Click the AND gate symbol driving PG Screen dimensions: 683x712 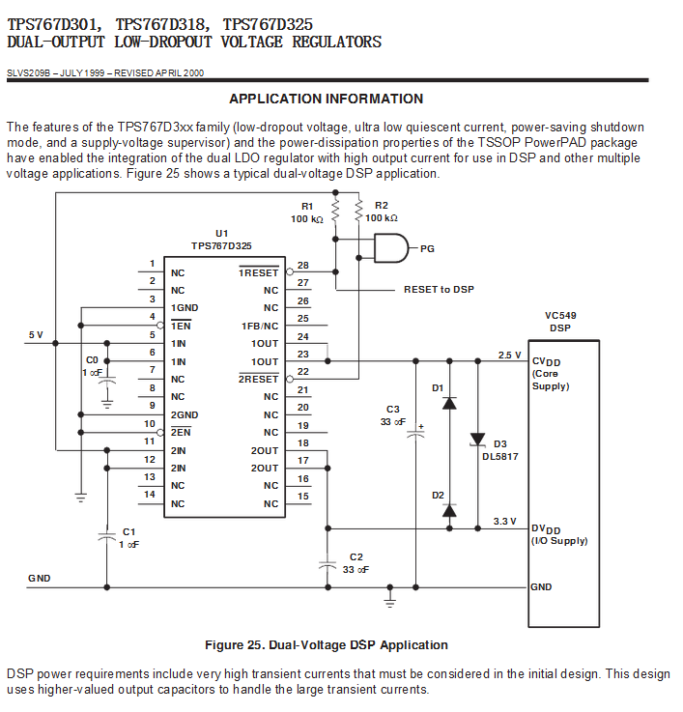coord(391,248)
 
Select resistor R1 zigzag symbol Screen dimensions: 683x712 coord(335,211)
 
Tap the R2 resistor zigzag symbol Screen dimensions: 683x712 coord(358,211)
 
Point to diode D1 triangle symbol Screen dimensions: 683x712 coord(449,403)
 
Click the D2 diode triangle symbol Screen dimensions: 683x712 coord(449,511)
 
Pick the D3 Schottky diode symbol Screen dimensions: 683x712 coord(477,440)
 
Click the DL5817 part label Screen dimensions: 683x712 coord(500,457)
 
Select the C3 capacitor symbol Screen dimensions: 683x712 coord(415,433)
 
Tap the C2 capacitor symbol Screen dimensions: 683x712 coord(327,565)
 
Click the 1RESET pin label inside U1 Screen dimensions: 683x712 coord(259,272)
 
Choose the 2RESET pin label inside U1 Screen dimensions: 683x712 coord(258,379)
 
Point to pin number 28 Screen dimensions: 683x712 coord(303,265)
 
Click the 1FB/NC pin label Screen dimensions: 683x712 coord(260,326)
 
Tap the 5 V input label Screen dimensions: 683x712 coord(36,335)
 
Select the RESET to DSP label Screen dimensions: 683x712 coord(439,289)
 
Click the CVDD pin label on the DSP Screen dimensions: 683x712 coord(547,362)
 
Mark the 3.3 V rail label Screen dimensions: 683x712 coord(505,522)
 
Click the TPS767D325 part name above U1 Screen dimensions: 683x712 coord(221,246)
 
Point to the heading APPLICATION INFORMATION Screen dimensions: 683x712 coord(327,99)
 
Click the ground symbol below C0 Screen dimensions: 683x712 coord(107,404)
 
